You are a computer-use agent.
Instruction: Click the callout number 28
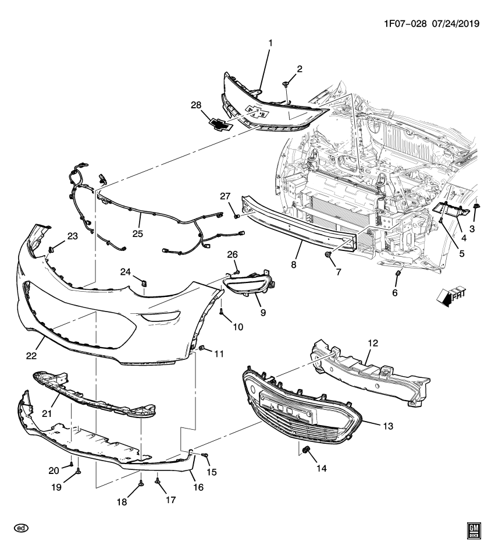point(195,105)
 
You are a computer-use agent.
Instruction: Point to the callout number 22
point(31,355)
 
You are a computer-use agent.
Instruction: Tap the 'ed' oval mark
point(21,528)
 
